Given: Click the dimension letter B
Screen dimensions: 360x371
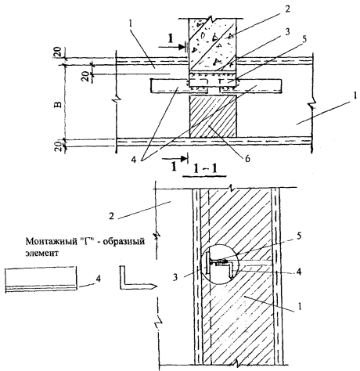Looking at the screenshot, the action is pyautogui.click(x=59, y=104).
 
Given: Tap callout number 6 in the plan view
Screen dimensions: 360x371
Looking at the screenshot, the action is pyautogui.click(x=247, y=158).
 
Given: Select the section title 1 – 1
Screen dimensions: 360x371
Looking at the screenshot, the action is pyautogui.click(x=205, y=170).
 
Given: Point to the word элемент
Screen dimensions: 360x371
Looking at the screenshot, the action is pyautogui.click(x=41, y=253).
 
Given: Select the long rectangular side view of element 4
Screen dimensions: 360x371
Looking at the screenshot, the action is pyautogui.click(x=41, y=279).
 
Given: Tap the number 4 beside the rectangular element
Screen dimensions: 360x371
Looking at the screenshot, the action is pyautogui.click(x=98, y=279).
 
